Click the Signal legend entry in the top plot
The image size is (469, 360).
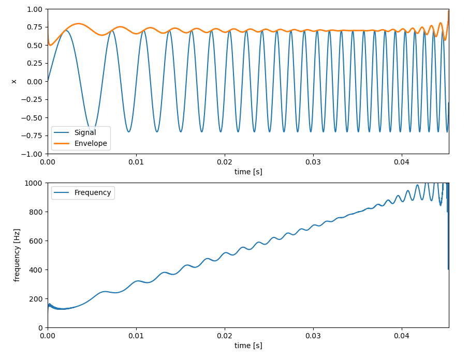[x=85, y=132]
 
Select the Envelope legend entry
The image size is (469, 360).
[x=91, y=144]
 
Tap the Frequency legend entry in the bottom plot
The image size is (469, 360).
[x=93, y=193]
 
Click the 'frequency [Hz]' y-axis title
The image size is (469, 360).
[x=17, y=255]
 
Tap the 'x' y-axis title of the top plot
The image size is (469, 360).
[x=14, y=81]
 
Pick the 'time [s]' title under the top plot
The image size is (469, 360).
[x=248, y=172]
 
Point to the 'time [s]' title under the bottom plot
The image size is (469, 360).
[x=248, y=346]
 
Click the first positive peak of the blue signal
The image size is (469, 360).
[x=65, y=31]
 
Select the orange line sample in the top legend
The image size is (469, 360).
[x=62, y=144]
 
